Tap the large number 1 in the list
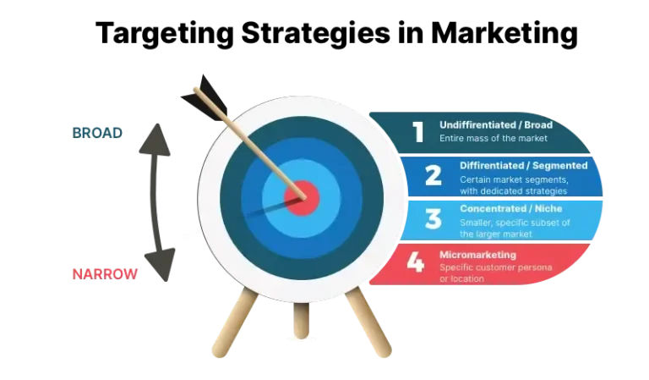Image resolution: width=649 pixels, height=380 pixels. (417, 131)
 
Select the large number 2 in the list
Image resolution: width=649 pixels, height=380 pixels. (433, 175)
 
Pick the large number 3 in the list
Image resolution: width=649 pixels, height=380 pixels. (433, 218)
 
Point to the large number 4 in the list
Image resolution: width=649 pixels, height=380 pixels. (414, 262)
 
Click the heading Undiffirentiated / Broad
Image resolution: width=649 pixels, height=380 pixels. (495, 125)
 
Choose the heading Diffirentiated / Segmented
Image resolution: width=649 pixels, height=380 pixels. (523, 166)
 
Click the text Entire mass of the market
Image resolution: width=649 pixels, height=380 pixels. (494, 138)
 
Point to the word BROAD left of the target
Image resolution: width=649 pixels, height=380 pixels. (97, 133)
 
